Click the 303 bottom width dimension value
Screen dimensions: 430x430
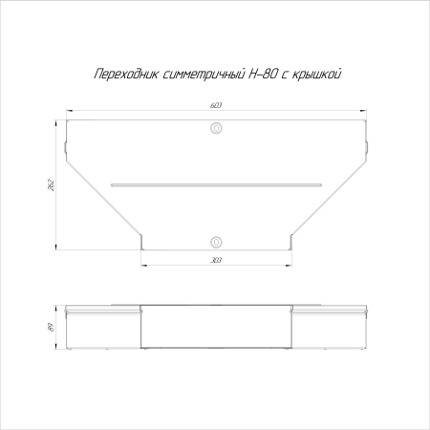[x=215, y=260]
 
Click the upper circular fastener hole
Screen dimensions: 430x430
[x=216, y=127]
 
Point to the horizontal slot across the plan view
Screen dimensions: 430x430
[x=215, y=183]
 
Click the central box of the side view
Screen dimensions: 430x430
[x=215, y=327]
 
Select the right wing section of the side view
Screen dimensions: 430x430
[x=327, y=329]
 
